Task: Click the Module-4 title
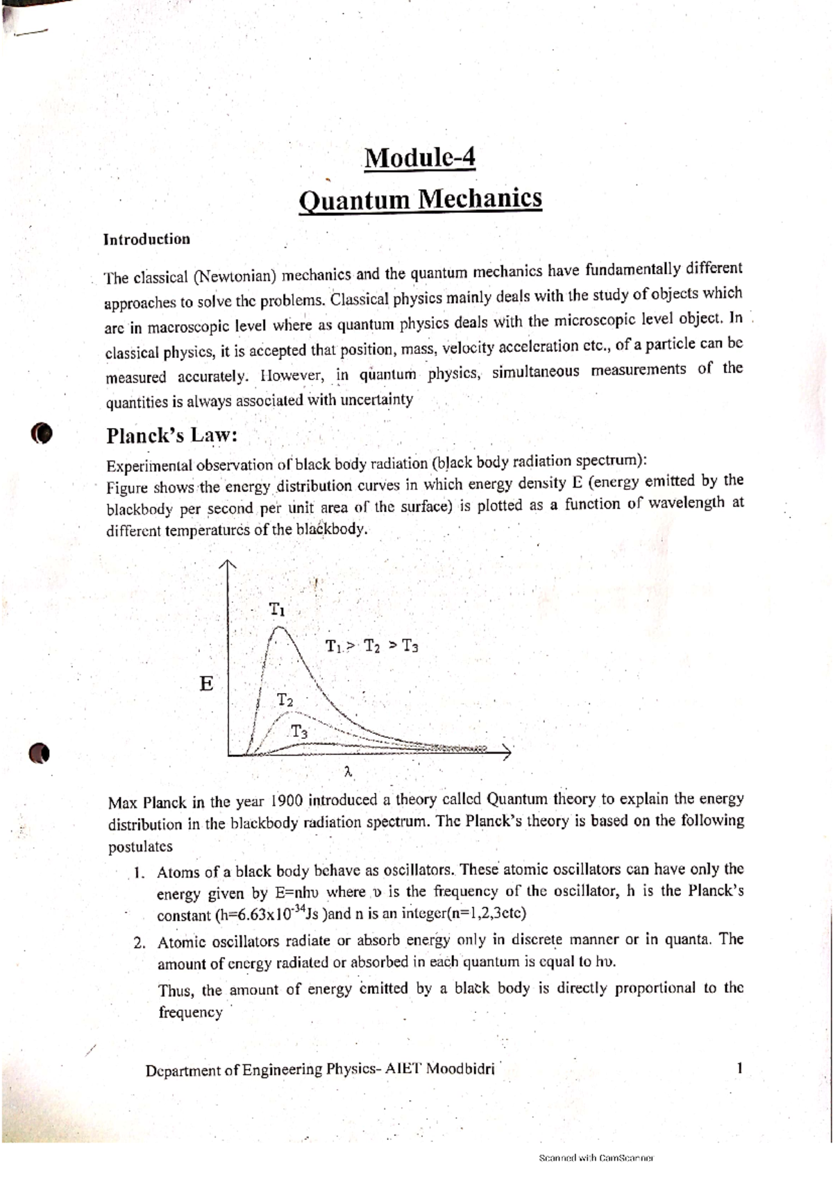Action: pyautogui.click(x=420, y=158)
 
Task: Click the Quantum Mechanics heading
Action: pyautogui.click(x=420, y=200)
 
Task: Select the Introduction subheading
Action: pyautogui.click(x=146, y=239)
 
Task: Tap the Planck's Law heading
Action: pyautogui.click(x=171, y=436)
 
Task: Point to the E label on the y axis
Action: pyautogui.click(x=206, y=684)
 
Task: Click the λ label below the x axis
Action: pyautogui.click(x=348, y=771)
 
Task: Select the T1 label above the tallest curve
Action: pyautogui.click(x=277, y=610)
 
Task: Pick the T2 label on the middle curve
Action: pyautogui.click(x=285, y=699)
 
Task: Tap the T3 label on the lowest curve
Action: pyautogui.click(x=299, y=731)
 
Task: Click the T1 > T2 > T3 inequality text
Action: pyautogui.click(x=371, y=647)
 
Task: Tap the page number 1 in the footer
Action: pyautogui.click(x=740, y=1068)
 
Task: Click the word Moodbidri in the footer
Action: pyautogui.click(x=460, y=1069)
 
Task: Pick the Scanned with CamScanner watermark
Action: pyautogui.click(x=596, y=1158)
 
